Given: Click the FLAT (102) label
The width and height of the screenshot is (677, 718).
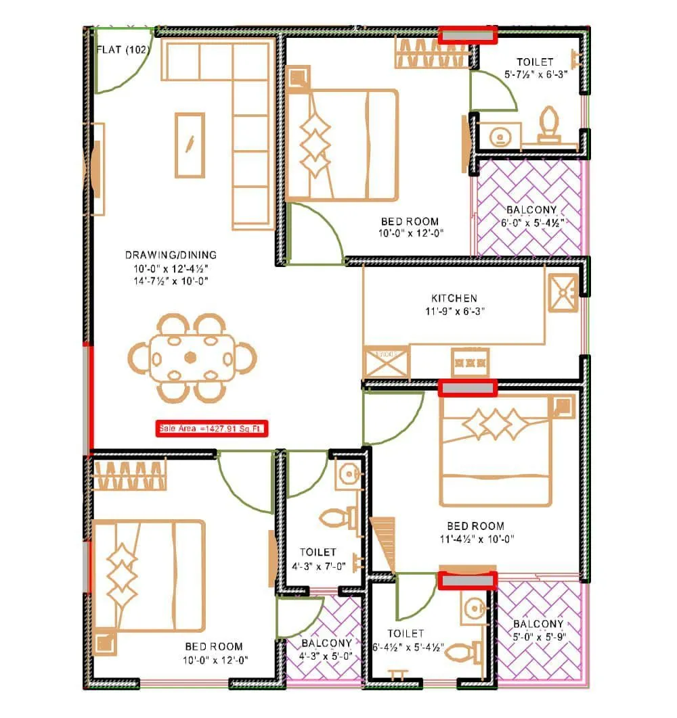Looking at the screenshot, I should [123, 49].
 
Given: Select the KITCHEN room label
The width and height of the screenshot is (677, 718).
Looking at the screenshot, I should [454, 298].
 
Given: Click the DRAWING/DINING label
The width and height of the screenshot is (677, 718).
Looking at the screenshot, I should [171, 255].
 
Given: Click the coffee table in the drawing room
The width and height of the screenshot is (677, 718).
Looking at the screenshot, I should [190, 145].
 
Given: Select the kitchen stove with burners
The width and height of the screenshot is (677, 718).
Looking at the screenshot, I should [470, 363].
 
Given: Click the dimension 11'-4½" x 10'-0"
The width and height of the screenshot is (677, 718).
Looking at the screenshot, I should [475, 539].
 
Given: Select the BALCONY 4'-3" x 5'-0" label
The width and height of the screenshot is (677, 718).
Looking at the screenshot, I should [326, 649].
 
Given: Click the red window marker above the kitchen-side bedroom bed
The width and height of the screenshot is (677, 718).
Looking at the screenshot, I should [467, 387].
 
